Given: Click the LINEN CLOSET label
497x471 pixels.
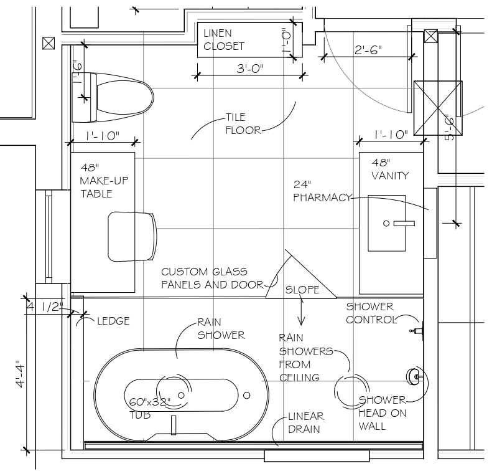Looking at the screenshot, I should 223,39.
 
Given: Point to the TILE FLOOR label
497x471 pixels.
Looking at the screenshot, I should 244,123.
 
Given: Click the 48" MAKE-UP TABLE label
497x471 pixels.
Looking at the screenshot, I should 96,181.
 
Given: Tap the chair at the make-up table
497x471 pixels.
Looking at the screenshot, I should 131,237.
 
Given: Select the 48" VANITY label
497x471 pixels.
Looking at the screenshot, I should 390,169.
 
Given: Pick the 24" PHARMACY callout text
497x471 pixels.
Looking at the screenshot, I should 322,191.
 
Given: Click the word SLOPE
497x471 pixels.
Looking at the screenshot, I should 302,290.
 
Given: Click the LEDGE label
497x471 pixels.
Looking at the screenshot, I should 113,321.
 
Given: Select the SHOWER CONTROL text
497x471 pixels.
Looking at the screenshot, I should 371,313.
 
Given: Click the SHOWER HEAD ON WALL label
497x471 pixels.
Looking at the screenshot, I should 381,413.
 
